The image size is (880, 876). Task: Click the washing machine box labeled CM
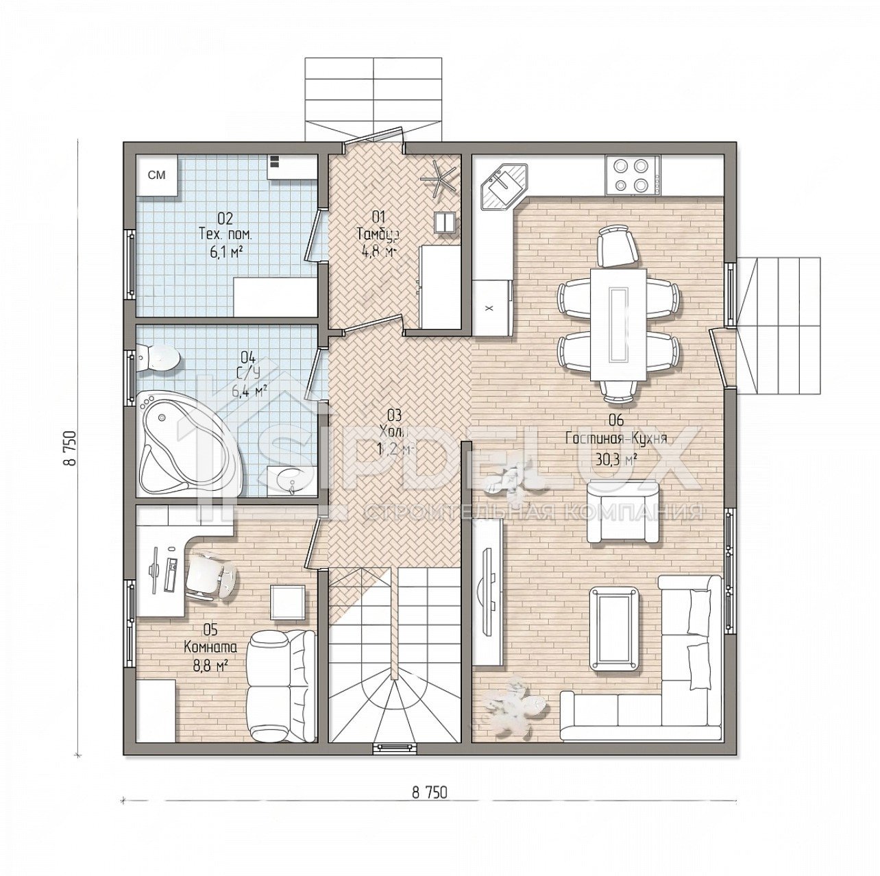click(x=158, y=176)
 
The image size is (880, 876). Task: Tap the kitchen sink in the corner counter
click(x=504, y=184)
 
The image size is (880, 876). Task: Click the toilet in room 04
click(x=159, y=357)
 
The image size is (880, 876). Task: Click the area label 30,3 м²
click(x=617, y=459)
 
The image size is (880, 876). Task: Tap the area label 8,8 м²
click(x=210, y=664)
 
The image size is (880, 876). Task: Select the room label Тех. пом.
click(x=225, y=234)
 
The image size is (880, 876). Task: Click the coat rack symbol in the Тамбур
click(x=439, y=175)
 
